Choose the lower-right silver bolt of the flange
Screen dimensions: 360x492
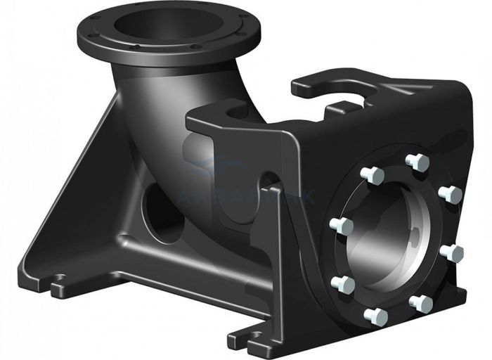[x=421, y=303]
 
